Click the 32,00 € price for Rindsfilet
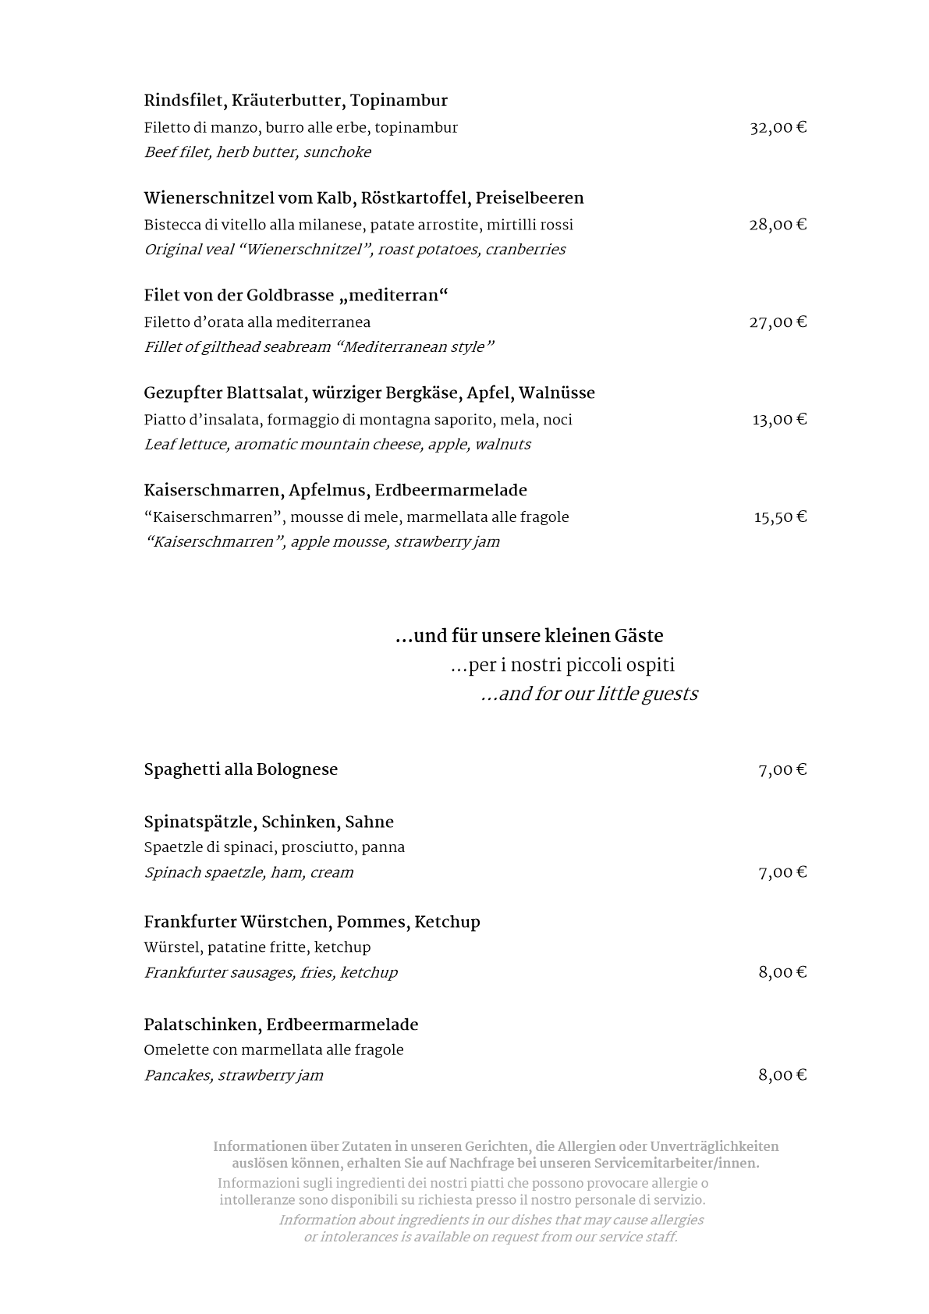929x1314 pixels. coord(778,128)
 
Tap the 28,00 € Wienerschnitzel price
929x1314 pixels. coord(778,226)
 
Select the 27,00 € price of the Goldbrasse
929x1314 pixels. coord(778,322)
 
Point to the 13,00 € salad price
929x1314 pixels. coord(778,420)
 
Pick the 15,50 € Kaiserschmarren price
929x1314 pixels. coord(779,517)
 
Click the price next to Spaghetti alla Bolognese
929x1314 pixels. coord(782,770)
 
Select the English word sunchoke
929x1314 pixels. coord(337,152)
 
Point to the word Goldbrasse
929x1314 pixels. coord(290,296)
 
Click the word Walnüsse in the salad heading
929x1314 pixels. coord(556,393)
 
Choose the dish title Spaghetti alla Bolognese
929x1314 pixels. coord(240,770)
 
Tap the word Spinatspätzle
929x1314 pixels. coord(199,822)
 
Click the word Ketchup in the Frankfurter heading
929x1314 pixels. coord(447,922)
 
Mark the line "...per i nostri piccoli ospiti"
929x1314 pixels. coord(562,666)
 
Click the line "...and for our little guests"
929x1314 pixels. coord(589,694)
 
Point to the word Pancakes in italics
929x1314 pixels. coord(178,1075)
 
